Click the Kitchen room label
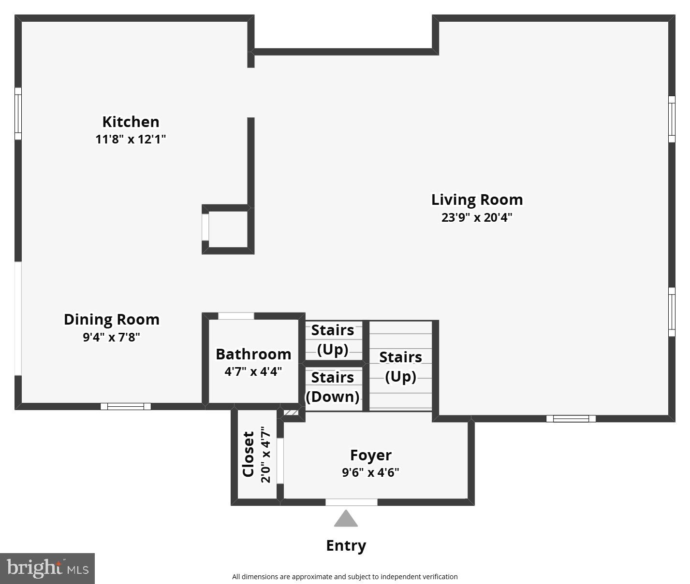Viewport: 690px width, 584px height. click(x=131, y=122)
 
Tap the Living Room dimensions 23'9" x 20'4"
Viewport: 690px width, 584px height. click(x=476, y=217)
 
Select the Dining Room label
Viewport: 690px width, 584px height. click(x=112, y=319)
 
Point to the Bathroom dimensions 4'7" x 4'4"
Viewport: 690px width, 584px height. click(x=253, y=371)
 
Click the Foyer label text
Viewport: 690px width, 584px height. click(x=370, y=455)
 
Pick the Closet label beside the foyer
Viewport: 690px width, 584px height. click(x=249, y=454)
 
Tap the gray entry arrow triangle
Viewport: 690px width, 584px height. click(x=346, y=519)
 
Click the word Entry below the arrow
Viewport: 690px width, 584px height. click(x=346, y=545)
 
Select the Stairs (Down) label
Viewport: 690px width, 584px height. click(x=333, y=387)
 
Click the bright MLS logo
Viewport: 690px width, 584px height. click(x=47, y=568)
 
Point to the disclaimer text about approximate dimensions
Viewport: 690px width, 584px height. click(x=345, y=576)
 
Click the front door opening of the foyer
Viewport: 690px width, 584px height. click(x=351, y=502)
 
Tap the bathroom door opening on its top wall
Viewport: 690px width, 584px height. click(x=236, y=316)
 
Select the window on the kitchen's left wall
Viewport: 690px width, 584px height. click(x=18, y=114)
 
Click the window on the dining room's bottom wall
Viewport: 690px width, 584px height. click(x=126, y=406)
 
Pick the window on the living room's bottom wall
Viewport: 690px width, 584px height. click(x=571, y=419)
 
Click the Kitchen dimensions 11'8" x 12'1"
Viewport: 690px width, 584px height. click(x=131, y=140)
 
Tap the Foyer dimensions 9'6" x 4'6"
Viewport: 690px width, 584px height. click(x=370, y=472)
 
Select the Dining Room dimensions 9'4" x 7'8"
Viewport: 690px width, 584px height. click(x=112, y=337)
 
